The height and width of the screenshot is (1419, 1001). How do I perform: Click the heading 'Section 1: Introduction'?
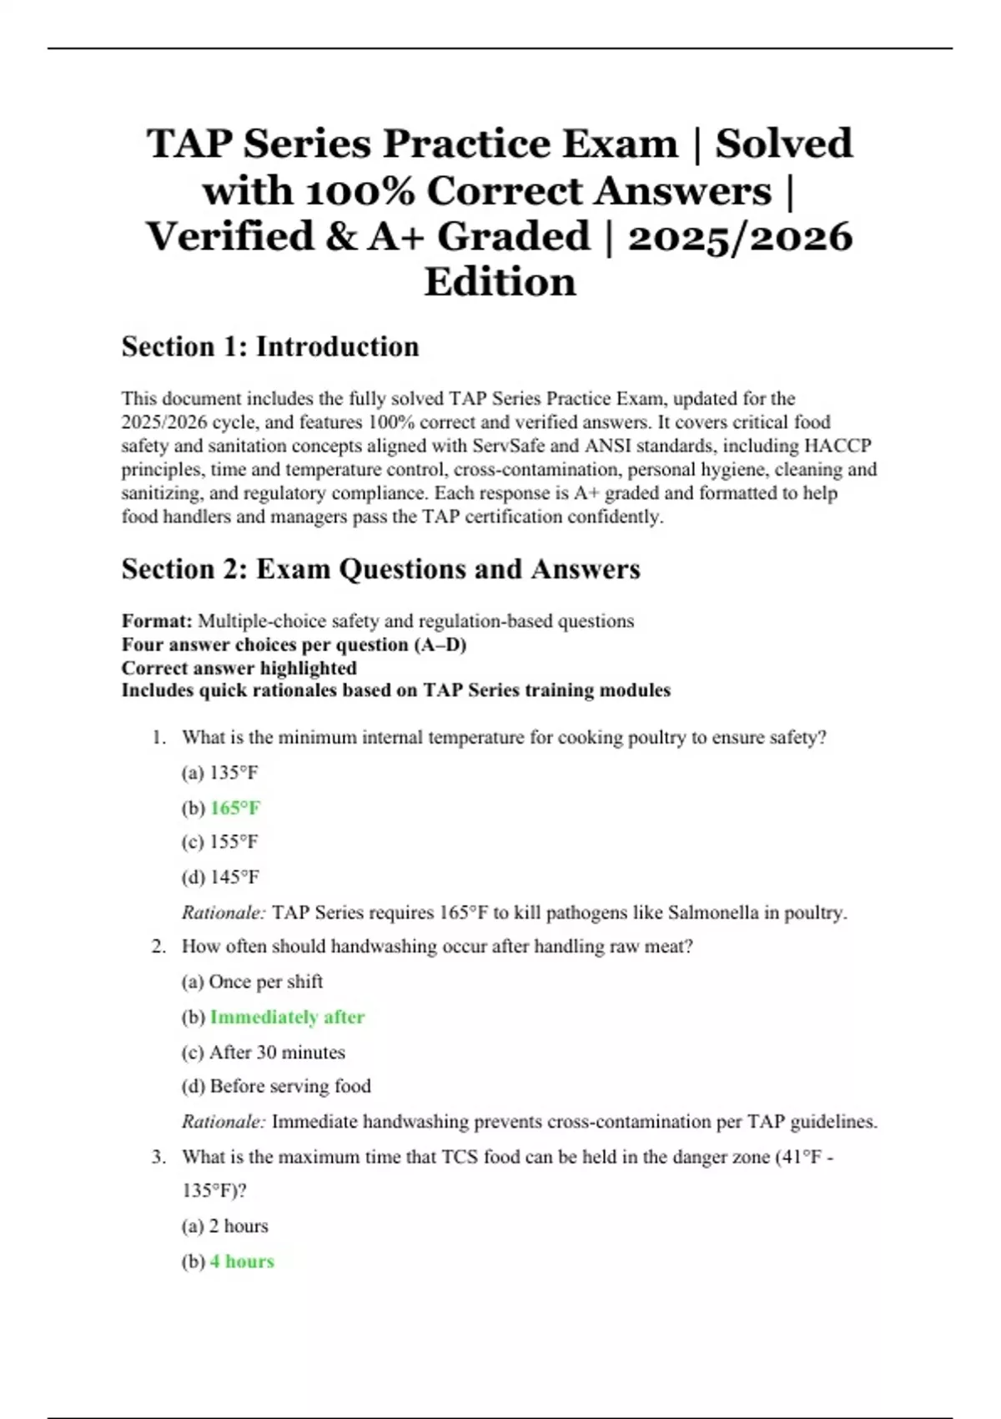click(x=270, y=346)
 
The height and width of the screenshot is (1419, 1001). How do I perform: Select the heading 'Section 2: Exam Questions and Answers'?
click(x=380, y=568)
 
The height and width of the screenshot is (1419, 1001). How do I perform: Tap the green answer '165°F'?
click(x=235, y=808)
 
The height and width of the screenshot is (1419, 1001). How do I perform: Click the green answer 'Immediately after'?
click(x=287, y=1017)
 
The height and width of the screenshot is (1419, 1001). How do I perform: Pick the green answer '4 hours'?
click(x=242, y=1261)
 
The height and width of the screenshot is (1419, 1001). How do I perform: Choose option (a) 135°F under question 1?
click(x=220, y=772)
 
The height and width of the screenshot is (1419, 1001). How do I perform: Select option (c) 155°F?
click(x=220, y=841)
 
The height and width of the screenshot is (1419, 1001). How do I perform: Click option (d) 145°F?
click(x=220, y=877)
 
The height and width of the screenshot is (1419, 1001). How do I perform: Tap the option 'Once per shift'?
click(x=265, y=982)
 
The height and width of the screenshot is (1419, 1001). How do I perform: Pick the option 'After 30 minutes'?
click(x=277, y=1053)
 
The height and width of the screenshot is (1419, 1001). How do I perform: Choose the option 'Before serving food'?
click(x=289, y=1086)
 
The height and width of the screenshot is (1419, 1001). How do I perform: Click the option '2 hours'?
click(x=238, y=1226)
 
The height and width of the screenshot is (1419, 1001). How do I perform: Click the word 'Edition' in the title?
click(x=500, y=281)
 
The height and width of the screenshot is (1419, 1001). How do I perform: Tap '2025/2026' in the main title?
click(x=740, y=236)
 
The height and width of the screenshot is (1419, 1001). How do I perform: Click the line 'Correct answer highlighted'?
click(x=239, y=668)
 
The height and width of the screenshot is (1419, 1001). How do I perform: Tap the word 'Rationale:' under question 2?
click(x=224, y=1122)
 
